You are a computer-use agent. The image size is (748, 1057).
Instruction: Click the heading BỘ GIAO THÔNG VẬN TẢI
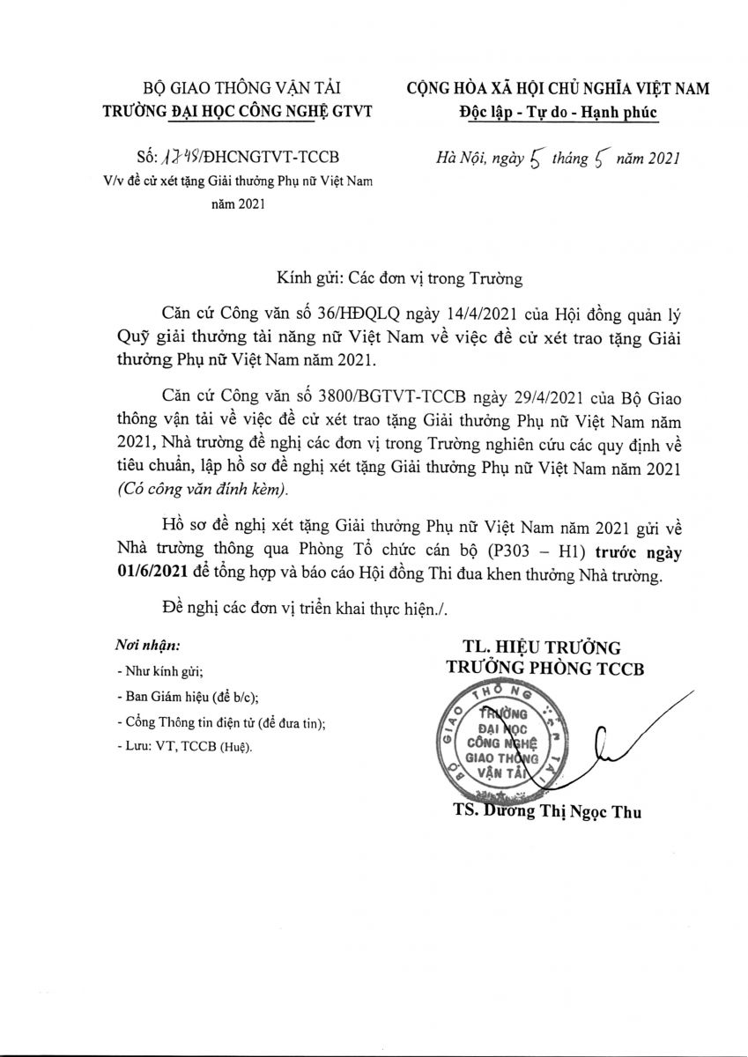tap(241, 87)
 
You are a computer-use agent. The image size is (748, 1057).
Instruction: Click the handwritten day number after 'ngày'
tap(530, 159)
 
